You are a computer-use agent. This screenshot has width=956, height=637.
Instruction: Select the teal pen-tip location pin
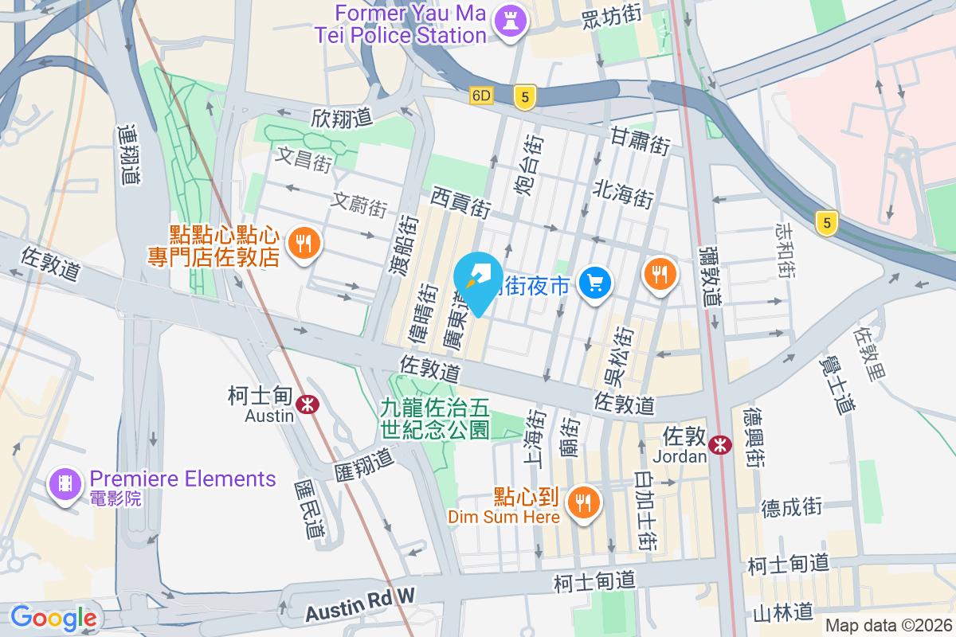tap(478, 281)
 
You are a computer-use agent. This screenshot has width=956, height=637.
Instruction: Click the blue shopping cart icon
tap(595, 282)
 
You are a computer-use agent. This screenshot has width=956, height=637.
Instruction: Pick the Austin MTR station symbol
tap(307, 404)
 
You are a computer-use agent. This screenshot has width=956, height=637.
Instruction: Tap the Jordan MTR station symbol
tap(720, 445)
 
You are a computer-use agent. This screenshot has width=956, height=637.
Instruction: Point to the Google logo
tap(53, 617)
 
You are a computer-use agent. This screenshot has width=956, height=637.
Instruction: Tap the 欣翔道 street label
tap(342, 118)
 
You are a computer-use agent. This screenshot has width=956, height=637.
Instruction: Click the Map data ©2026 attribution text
tap(888, 625)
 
